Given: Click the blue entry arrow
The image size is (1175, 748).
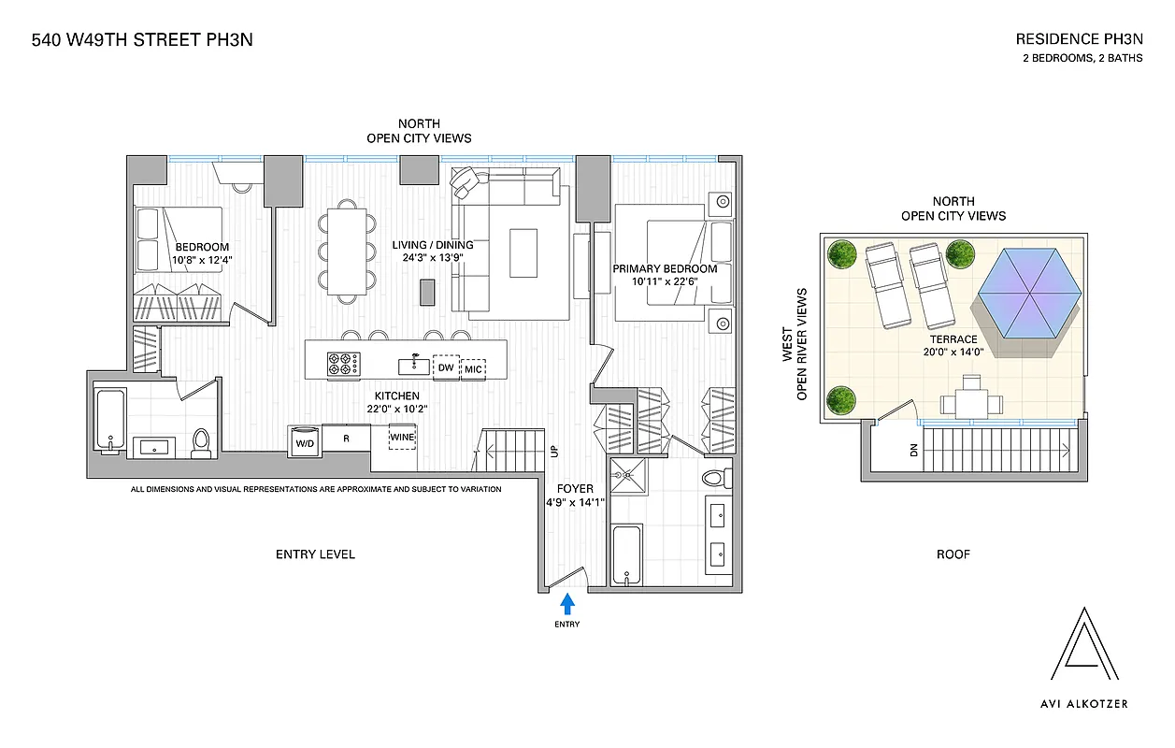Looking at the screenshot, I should tap(566, 603).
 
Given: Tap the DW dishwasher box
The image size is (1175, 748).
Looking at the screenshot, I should tap(446, 368).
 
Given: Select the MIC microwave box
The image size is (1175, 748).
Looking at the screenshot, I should tap(474, 368).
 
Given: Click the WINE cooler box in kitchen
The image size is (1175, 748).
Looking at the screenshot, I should tap(403, 437).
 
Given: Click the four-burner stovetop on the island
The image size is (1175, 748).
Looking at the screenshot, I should tap(343, 363).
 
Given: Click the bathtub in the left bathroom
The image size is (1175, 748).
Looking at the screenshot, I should tap(109, 422).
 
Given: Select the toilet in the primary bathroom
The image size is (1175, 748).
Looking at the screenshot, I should tap(713, 478).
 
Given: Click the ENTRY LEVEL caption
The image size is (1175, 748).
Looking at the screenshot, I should tap(315, 554).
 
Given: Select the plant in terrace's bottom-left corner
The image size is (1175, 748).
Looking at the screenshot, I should tap(842, 398).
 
